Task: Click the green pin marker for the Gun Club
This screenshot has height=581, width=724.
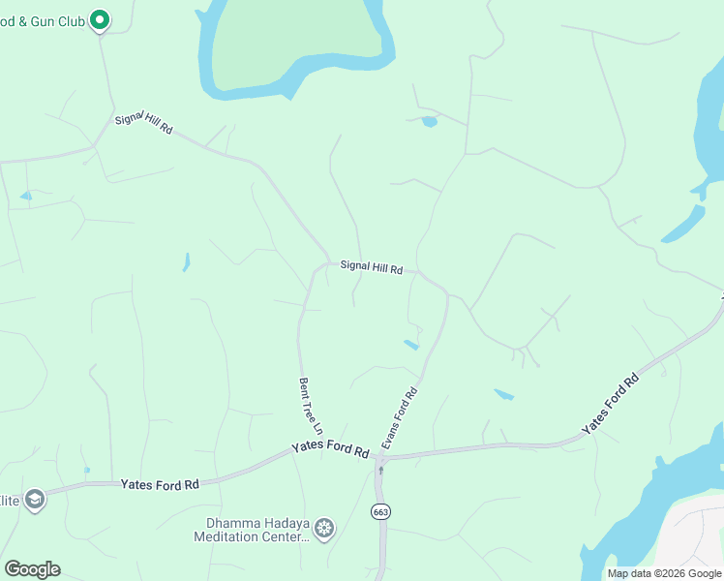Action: (99, 19)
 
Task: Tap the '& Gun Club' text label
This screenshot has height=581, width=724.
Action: (43, 18)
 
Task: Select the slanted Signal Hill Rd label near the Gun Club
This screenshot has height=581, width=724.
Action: (143, 123)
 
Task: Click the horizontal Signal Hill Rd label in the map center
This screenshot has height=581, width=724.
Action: (371, 267)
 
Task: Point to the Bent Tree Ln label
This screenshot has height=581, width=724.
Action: (310, 406)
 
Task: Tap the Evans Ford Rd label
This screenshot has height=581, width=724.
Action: (399, 417)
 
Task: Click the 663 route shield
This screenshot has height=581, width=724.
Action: (379, 509)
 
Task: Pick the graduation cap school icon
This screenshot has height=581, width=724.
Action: (35, 499)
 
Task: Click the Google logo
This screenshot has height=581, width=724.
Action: (32, 569)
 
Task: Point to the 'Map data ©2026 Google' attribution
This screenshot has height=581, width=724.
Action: (664, 573)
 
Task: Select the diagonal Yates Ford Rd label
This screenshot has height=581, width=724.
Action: (611, 404)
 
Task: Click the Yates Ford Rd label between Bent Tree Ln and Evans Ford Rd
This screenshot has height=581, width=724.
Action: (331, 451)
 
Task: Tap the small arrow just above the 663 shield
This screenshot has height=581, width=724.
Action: (380, 472)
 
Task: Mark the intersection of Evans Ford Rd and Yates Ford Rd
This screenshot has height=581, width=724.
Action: (378, 456)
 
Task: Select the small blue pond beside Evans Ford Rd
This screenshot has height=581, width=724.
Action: (411, 344)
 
